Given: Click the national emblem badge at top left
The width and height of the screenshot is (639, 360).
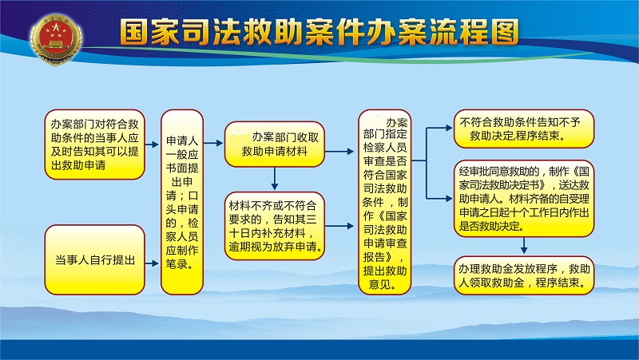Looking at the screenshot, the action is tap(56, 38).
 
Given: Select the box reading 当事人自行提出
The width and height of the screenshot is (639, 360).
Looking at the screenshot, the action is tap(94, 259).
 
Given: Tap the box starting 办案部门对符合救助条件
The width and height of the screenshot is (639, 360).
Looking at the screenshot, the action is tap(94, 144).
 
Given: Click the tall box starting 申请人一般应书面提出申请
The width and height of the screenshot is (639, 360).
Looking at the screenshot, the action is tap(182, 202).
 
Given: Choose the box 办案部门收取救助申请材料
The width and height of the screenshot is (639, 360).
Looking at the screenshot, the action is tap(274, 144).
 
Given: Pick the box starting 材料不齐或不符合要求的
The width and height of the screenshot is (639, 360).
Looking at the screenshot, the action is tap(274, 226).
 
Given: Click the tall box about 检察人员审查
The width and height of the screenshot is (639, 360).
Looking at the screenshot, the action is tap(385, 202).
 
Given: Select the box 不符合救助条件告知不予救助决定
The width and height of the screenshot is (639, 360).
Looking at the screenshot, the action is tap(524, 129).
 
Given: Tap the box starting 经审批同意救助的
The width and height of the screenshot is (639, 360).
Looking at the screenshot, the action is tap(524, 198).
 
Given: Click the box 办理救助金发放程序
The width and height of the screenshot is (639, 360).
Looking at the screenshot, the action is tap(524, 275).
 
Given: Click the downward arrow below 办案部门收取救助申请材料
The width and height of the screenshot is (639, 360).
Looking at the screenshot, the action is tap(274, 179).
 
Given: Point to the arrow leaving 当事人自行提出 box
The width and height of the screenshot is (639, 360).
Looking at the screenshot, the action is tap(152, 263).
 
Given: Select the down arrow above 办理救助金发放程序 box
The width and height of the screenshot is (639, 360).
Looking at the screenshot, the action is tap(524, 246).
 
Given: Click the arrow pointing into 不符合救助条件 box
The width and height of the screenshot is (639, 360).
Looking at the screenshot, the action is tap(439, 128).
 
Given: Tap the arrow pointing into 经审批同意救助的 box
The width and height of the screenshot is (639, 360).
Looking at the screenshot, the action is tap(439, 199).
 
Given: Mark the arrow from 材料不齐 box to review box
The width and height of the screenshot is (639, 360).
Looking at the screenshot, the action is tap(339, 226).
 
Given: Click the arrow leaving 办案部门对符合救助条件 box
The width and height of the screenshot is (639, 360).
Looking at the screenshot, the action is tap(152, 144).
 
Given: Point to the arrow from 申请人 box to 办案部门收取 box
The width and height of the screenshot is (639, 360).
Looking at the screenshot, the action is tap(213, 144).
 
